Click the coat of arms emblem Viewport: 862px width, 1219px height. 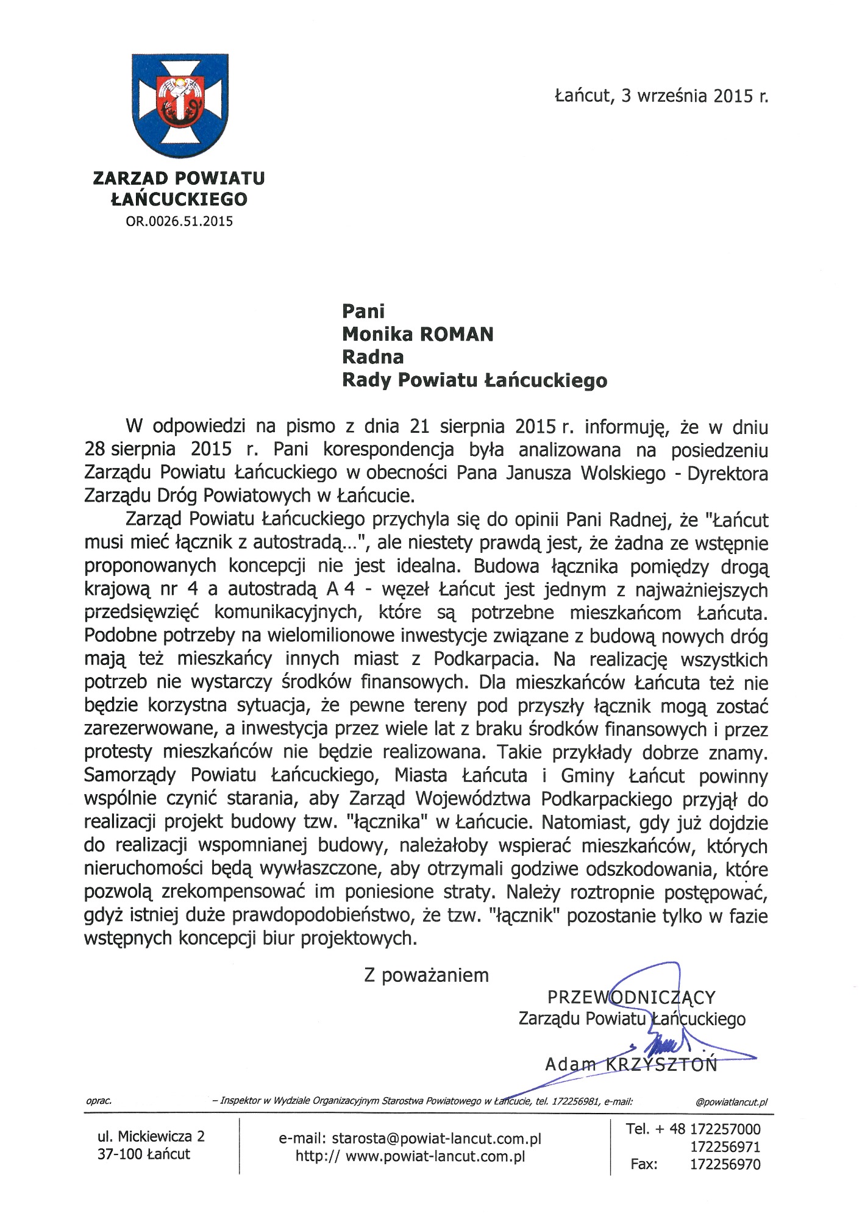(x=180, y=105)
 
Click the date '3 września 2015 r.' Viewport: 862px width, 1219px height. (x=694, y=96)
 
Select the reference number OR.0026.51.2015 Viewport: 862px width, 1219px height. (x=179, y=221)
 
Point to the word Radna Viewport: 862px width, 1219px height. (x=372, y=357)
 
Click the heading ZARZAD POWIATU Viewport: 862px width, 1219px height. (x=179, y=178)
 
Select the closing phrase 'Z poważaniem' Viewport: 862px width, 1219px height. (x=426, y=975)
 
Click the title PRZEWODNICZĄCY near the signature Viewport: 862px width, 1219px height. (x=631, y=998)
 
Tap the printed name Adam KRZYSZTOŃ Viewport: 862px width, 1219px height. (x=631, y=1065)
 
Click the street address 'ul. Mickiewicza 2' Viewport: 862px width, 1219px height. (x=151, y=1137)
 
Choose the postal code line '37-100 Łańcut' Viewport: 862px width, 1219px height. (x=144, y=1154)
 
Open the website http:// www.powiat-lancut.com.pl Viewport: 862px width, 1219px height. (x=410, y=1157)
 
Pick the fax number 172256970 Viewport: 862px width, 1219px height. (x=725, y=1165)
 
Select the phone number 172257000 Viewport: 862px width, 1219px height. (x=725, y=1129)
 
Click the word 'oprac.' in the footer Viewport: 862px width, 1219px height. (x=99, y=1101)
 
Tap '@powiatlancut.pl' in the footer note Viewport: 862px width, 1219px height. (x=731, y=1102)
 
